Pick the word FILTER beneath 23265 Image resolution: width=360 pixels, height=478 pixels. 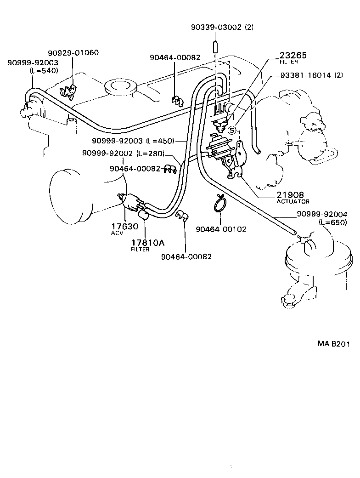click(x=289, y=62)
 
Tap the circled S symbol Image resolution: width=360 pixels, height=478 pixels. click(x=232, y=130)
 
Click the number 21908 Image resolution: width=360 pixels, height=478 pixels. click(x=290, y=195)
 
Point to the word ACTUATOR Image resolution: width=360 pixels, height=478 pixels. click(x=293, y=201)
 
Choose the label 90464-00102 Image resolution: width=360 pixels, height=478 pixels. click(x=221, y=229)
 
